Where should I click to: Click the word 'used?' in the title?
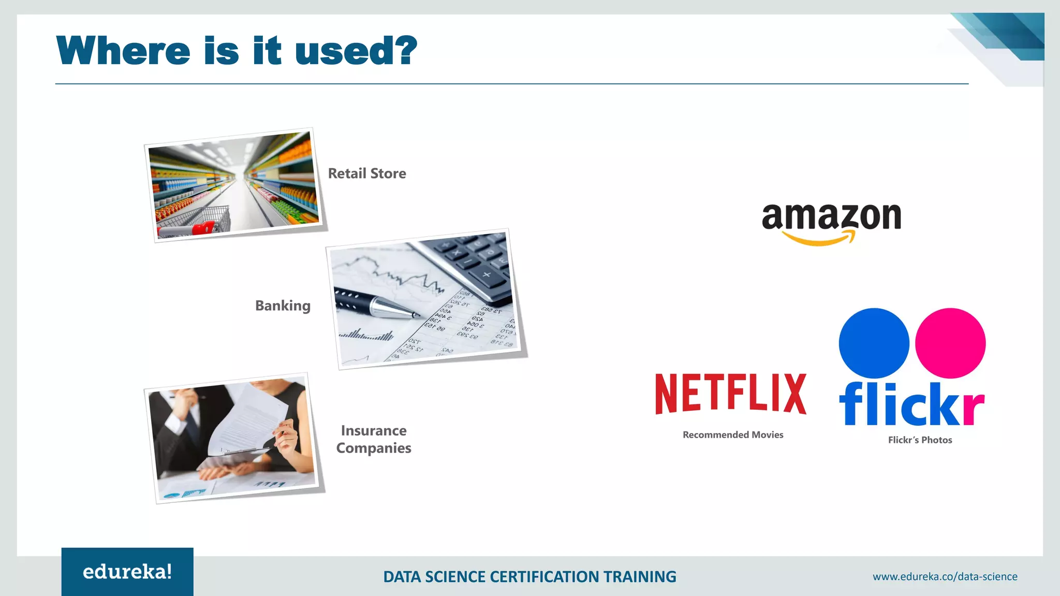point(356,51)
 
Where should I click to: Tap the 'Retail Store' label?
point(367,173)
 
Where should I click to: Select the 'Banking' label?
point(283,306)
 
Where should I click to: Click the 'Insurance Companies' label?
point(374,439)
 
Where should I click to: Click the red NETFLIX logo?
point(730,394)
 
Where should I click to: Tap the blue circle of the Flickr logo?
point(874,343)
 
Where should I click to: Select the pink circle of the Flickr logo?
point(950,343)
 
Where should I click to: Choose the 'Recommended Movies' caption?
point(733,435)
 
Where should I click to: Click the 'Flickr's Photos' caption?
point(920,440)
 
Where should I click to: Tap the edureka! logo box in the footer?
point(127,572)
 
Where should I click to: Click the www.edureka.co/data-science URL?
point(945,577)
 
